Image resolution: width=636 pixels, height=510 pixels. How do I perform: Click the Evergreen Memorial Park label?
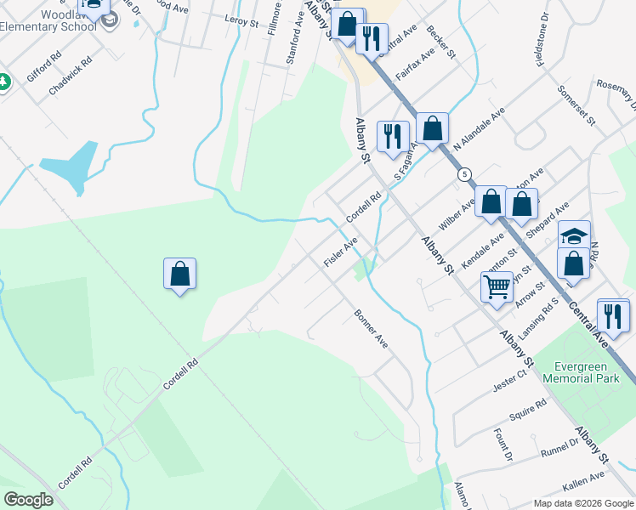[x=582, y=365]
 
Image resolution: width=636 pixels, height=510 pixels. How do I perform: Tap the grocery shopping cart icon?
[x=497, y=286]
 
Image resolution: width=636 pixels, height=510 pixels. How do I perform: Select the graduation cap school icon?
[x=574, y=235]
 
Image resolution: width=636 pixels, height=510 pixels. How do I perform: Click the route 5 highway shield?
[x=463, y=174]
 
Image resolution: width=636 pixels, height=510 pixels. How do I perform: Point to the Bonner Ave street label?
[x=371, y=329]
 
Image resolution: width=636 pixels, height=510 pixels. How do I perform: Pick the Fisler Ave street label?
[x=340, y=252]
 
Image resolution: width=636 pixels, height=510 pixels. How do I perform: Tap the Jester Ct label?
[x=510, y=379]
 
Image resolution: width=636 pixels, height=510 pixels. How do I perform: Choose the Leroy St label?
[x=241, y=20]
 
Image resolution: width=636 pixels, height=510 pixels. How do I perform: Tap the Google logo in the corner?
[x=28, y=500]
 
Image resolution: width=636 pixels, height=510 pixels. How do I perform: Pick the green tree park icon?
[x=4, y=82]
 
